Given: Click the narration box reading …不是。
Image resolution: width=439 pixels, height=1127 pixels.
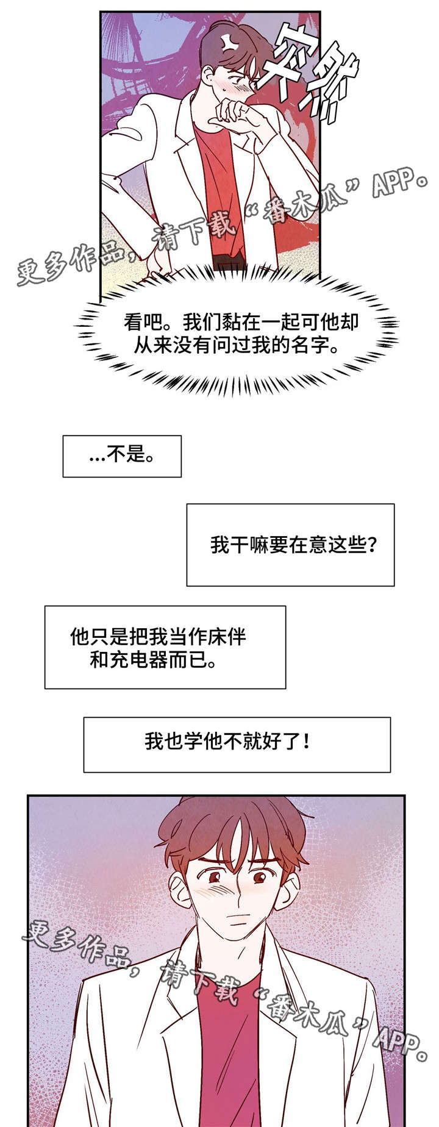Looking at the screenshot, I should click(x=122, y=456).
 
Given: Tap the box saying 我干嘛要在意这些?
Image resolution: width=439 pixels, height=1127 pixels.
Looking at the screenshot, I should click(x=290, y=545).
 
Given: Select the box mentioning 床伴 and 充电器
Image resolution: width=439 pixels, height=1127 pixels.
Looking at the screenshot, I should click(x=165, y=647).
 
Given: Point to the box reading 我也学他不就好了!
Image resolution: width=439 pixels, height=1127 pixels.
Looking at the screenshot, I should click(x=237, y=744).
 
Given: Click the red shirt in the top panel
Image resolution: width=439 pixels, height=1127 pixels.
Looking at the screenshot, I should click(x=220, y=183).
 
